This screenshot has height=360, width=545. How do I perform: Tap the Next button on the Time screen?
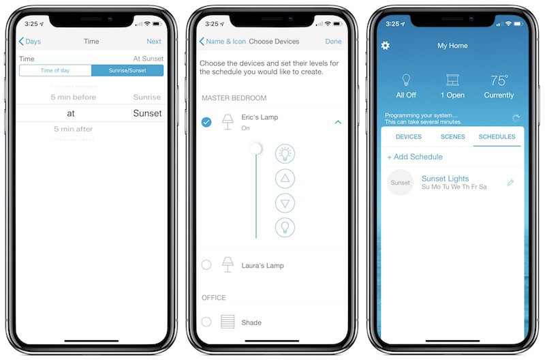coord(154,42)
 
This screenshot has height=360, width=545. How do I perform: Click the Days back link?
coord(30,42)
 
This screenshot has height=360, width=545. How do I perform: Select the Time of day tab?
coord(54,70)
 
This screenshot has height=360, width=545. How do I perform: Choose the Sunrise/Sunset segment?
coord(127,70)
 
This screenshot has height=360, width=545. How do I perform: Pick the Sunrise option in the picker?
coord(146,97)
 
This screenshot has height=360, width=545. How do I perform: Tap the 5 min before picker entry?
coord(74,97)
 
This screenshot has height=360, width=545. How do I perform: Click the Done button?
coord(333,42)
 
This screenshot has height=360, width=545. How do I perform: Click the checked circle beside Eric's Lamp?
coord(206,122)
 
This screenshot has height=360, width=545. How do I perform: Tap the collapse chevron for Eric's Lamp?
coord(339,122)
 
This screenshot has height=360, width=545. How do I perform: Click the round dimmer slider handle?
coord(255,148)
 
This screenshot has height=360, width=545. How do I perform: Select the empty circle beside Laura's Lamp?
coord(206,265)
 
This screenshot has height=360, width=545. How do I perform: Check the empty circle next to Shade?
coord(206,322)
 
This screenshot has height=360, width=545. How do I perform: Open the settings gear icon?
coord(386,46)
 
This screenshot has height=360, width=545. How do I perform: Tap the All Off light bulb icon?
coord(406,80)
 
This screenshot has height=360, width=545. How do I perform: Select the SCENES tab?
coord(452,137)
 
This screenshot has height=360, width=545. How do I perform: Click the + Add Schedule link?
coord(415,157)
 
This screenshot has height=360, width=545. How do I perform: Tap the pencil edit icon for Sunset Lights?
coord(510,183)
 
